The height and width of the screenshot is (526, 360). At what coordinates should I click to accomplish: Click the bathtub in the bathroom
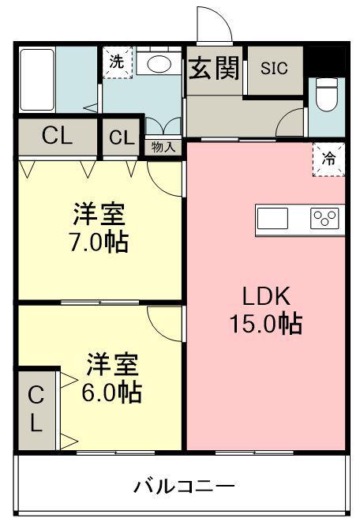[37, 80]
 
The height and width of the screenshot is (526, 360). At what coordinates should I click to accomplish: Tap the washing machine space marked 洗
[118, 62]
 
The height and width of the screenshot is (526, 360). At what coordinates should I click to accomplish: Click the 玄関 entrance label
[214, 68]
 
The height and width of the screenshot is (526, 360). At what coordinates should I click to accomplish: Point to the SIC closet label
[274, 69]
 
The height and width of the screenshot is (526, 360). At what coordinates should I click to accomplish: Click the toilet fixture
[327, 95]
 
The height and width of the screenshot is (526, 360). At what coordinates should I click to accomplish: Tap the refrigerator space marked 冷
[328, 160]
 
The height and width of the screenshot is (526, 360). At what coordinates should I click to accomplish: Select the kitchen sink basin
[272, 219]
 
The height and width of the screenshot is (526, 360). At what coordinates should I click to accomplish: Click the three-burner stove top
[324, 219]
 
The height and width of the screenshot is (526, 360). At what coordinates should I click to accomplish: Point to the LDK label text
[266, 296]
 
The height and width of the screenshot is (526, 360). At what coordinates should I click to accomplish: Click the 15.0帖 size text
[266, 323]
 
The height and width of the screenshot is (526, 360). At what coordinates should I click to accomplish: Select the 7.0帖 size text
[99, 242]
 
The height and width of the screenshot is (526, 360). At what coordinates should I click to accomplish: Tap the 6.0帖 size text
[111, 392]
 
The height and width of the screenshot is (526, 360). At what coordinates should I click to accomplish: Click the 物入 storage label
[163, 147]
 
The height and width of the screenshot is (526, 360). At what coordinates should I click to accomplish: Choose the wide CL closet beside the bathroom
[58, 137]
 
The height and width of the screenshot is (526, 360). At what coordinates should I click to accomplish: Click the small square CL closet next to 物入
[121, 137]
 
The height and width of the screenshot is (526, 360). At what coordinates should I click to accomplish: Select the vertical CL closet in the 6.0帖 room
[36, 410]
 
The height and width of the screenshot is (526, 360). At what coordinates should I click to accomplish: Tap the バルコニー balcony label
[184, 486]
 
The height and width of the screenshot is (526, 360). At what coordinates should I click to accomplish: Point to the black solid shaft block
[327, 61]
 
